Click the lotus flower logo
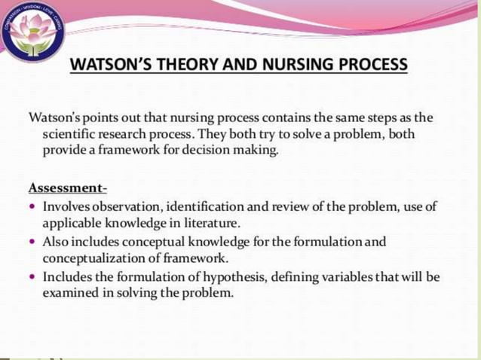(x=32, y=32)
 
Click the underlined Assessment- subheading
(x=67, y=188)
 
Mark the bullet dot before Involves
(x=32, y=206)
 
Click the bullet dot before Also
(x=32, y=243)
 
